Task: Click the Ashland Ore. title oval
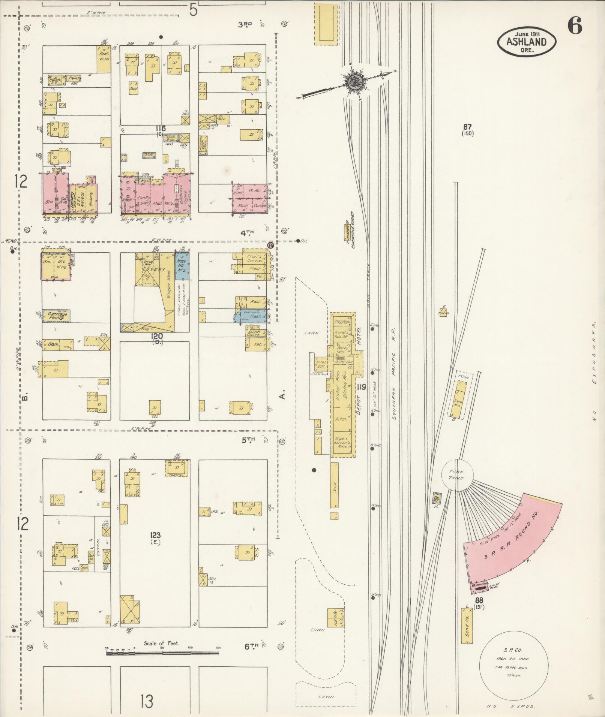tap(527, 42)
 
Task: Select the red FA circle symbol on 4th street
tap(270, 245)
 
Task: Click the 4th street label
tap(247, 233)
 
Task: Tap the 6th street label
tap(252, 646)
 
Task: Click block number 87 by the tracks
tap(467, 127)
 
